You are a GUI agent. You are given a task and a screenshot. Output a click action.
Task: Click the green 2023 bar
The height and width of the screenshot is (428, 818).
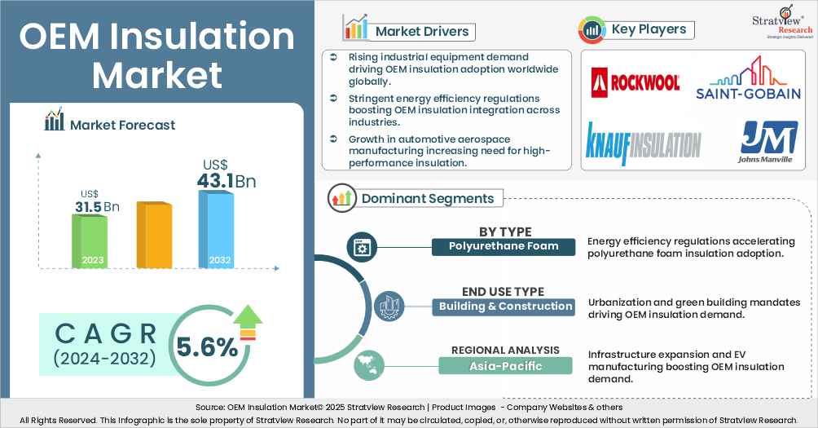click(x=89, y=241)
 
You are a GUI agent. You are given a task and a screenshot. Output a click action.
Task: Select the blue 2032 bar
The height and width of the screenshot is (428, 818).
click(x=215, y=230)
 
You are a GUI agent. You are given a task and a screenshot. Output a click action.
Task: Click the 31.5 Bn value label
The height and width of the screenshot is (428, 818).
click(x=97, y=207)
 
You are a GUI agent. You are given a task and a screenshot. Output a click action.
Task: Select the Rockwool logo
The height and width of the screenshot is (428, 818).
click(x=635, y=81)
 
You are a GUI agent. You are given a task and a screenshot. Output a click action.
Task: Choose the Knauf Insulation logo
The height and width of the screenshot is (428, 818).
click(x=644, y=139)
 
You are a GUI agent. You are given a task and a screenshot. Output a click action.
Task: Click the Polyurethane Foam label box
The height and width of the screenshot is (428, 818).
click(x=504, y=246)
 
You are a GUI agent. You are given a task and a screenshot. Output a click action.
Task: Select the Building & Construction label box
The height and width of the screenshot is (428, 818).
click(x=504, y=307)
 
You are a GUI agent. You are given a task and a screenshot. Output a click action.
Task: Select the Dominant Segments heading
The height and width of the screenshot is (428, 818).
click(x=427, y=198)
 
